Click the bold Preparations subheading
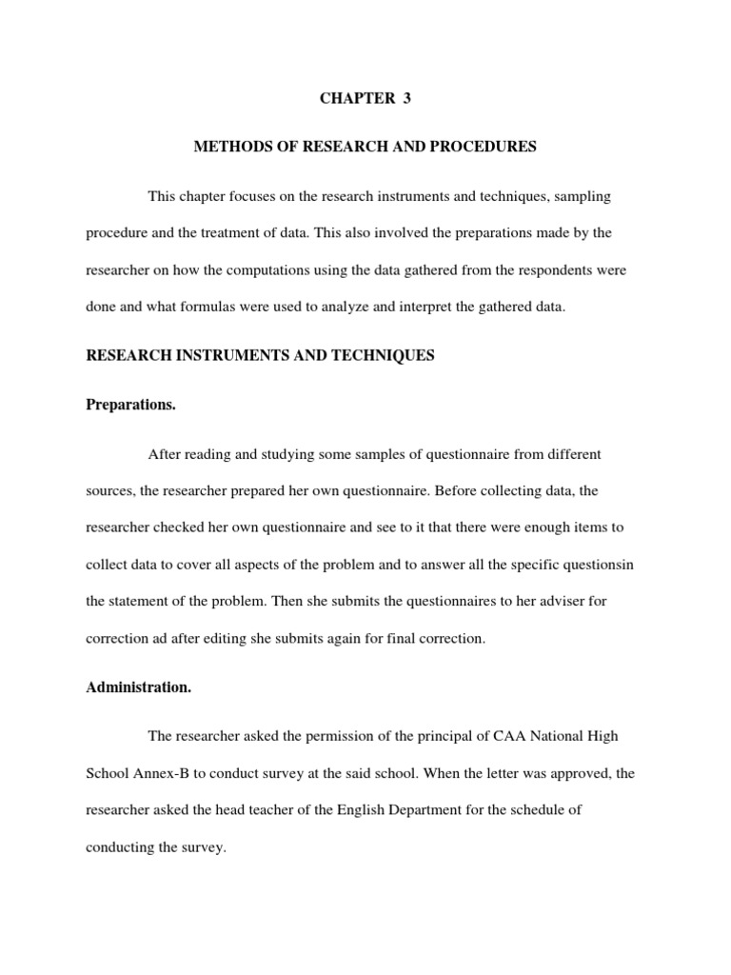(131, 405)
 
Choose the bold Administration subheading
(139, 688)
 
